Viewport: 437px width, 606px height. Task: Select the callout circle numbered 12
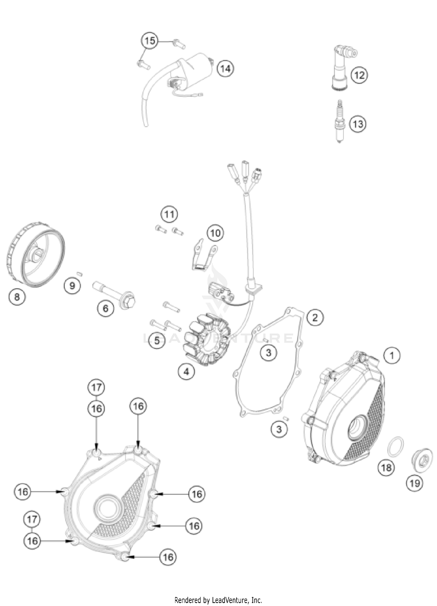(359, 75)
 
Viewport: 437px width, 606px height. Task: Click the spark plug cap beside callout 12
(340, 68)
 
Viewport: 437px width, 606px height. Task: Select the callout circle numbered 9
(72, 285)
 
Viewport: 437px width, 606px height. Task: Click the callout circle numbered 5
(157, 340)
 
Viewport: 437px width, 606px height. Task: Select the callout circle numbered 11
(169, 215)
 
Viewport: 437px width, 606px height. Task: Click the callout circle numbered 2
(315, 317)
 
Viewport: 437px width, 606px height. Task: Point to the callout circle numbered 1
(392, 355)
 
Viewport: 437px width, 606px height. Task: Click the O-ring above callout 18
(396, 446)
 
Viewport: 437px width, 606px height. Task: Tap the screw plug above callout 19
(422, 460)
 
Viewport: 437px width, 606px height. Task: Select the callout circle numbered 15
(150, 41)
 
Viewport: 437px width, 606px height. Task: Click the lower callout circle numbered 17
(32, 519)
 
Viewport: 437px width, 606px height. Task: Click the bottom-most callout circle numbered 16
(168, 557)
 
